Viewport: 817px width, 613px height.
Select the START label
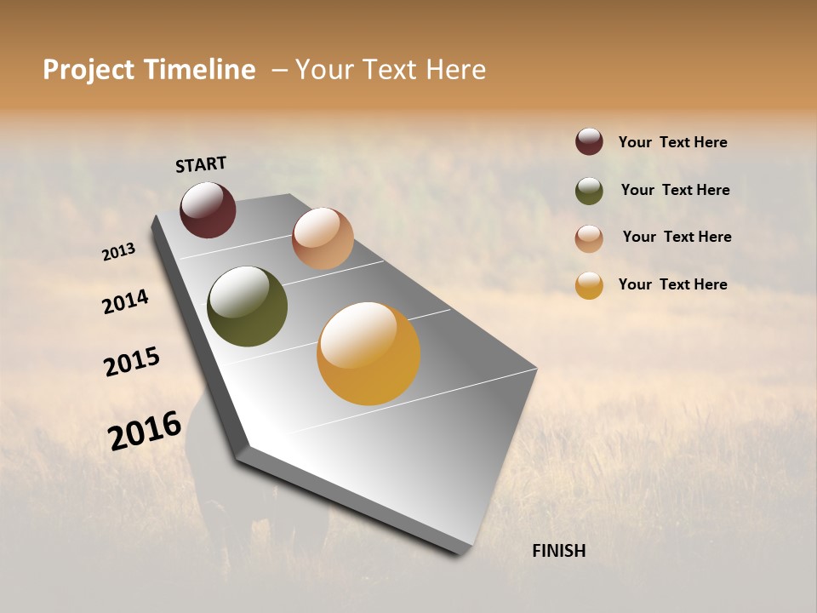click(201, 164)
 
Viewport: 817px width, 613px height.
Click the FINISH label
click(559, 551)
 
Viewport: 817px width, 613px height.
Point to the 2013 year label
click(118, 252)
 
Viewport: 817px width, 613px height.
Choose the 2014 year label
click(125, 301)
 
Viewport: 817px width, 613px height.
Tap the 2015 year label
click(132, 362)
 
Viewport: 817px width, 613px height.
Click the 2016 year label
click(145, 431)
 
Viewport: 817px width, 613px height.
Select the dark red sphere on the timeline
click(208, 209)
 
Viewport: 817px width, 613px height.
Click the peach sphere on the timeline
click(323, 238)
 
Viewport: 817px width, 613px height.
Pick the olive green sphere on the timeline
click(247, 306)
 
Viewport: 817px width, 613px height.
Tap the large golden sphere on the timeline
click(369, 353)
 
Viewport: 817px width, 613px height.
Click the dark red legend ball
click(589, 142)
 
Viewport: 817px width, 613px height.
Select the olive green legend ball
click(589, 191)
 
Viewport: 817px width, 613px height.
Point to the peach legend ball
click(589, 238)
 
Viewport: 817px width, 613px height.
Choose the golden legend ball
click(589, 285)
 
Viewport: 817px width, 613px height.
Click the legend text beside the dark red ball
click(673, 142)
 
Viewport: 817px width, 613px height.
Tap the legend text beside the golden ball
click(673, 284)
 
